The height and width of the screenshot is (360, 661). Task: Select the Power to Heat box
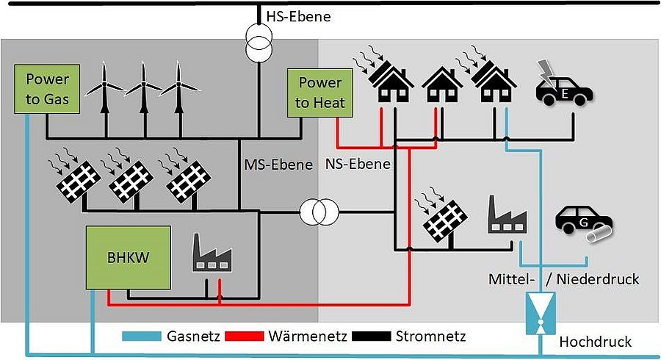coord(320,93)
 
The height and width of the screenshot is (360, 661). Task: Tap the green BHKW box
coord(128,259)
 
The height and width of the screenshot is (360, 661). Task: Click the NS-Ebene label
coord(358,164)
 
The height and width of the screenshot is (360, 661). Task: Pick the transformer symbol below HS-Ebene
coord(258,48)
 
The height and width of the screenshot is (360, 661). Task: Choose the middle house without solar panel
coord(442,86)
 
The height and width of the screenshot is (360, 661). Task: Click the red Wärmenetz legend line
coord(247,336)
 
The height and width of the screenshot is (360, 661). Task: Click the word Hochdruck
coord(596,342)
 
